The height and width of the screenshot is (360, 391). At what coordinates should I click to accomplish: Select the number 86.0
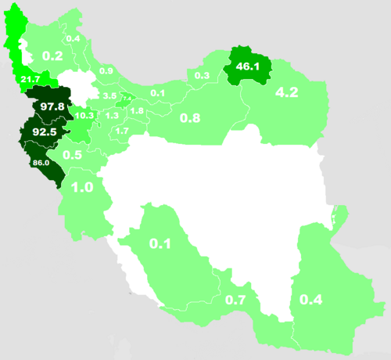click(x=41, y=162)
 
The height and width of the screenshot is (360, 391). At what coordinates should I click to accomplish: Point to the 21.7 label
click(x=32, y=81)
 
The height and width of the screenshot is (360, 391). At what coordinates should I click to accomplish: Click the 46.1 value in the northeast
click(x=247, y=67)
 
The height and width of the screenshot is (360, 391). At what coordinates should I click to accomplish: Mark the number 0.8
click(x=191, y=118)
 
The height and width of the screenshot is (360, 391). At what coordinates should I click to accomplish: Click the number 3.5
click(x=109, y=95)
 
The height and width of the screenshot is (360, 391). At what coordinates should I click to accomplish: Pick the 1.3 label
click(x=112, y=116)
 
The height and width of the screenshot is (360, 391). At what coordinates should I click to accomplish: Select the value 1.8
click(x=137, y=111)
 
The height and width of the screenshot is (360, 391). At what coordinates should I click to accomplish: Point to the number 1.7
click(x=122, y=131)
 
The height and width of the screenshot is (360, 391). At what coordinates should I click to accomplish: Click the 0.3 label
click(x=202, y=75)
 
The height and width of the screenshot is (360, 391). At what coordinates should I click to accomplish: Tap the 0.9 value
click(x=106, y=71)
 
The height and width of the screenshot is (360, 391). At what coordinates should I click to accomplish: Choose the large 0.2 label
click(x=52, y=56)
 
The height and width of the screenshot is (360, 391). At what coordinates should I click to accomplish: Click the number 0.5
click(x=73, y=155)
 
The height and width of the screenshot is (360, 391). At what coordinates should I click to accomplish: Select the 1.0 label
click(x=82, y=188)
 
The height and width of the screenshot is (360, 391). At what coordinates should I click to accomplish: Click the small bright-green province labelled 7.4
click(x=126, y=99)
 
